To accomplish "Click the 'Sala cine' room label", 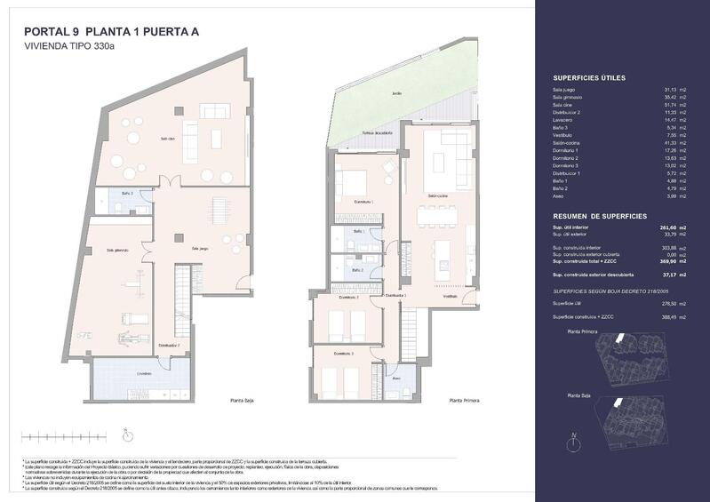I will coord(167,139).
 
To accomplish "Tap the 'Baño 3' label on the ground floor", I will coord(127,193).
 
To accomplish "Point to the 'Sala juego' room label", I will coord(200,248).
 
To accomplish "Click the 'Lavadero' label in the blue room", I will coord(143,373).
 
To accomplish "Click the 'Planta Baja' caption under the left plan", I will coord(243,402).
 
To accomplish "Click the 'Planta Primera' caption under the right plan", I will coord(464,402).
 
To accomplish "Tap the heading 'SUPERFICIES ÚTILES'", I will coord(589,78).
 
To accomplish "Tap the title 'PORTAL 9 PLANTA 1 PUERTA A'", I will coord(111,32).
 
